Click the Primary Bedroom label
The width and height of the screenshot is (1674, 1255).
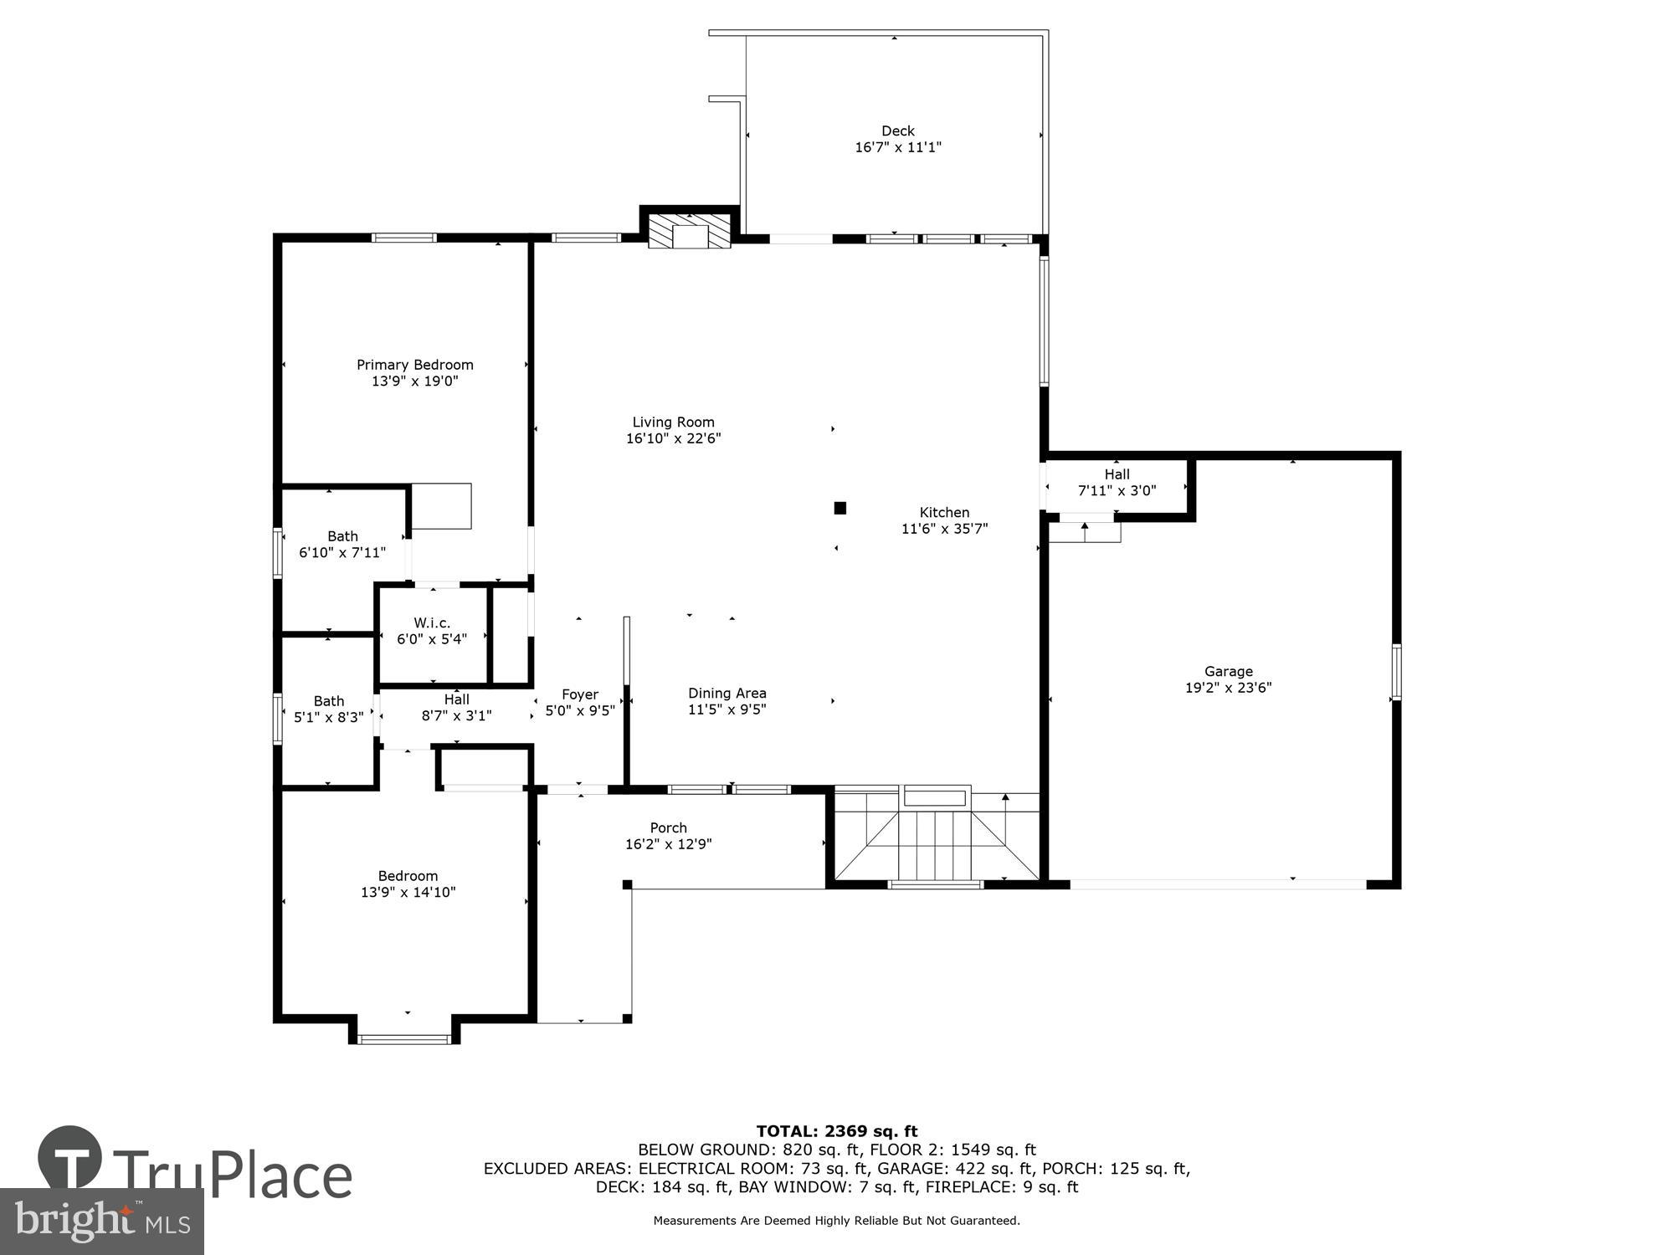(415, 365)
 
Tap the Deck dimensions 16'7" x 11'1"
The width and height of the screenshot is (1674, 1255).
(898, 147)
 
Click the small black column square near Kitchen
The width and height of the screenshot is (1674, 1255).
(840, 508)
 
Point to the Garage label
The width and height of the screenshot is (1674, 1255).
(1228, 671)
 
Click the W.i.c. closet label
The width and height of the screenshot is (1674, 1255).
(432, 623)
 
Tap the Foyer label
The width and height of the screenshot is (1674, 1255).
(579, 694)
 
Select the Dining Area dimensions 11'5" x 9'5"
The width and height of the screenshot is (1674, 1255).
(727, 709)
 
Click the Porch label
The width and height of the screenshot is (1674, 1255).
(668, 828)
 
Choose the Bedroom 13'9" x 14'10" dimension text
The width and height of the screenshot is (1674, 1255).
(408, 892)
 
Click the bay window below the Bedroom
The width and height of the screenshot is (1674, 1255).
(404, 1039)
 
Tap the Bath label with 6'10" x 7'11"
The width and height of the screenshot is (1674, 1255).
(342, 536)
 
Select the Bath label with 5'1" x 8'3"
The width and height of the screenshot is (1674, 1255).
(329, 701)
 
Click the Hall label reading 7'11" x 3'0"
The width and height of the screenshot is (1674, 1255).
(1117, 474)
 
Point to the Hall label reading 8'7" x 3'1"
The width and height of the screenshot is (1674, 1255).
(456, 699)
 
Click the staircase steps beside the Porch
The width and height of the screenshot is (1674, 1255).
(936, 841)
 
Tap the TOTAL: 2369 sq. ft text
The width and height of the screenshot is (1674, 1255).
(836, 1132)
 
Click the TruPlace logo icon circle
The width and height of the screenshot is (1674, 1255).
(70, 1158)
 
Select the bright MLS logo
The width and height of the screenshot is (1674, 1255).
(101, 1222)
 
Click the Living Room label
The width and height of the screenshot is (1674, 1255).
(673, 423)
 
